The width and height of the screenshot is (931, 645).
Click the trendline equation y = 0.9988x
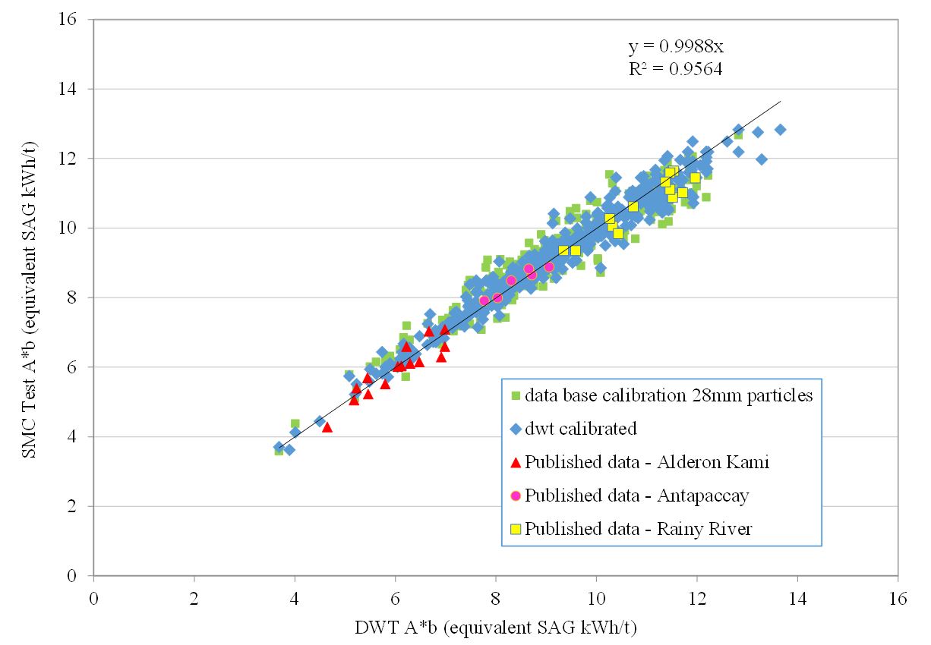[x=676, y=47]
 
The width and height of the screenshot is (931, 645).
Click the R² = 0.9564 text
[x=674, y=70]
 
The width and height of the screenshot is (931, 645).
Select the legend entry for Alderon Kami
[x=646, y=462]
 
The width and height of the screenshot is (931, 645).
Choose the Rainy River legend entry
[x=638, y=529]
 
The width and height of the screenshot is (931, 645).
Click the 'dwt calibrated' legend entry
[x=581, y=429]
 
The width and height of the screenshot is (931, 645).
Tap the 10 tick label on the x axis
[x=597, y=599]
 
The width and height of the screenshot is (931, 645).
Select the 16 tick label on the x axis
[x=898, y=599]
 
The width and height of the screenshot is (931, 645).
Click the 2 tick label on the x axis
[x=194, y=599]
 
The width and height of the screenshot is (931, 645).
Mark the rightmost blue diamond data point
[x=780, y=130]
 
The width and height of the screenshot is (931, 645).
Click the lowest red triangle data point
[x=327, y=427]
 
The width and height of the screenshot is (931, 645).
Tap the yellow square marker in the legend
[x=516, y=529]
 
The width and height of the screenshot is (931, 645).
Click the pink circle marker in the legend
[x=516, y=496]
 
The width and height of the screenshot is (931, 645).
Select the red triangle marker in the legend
[x=516, y=461]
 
